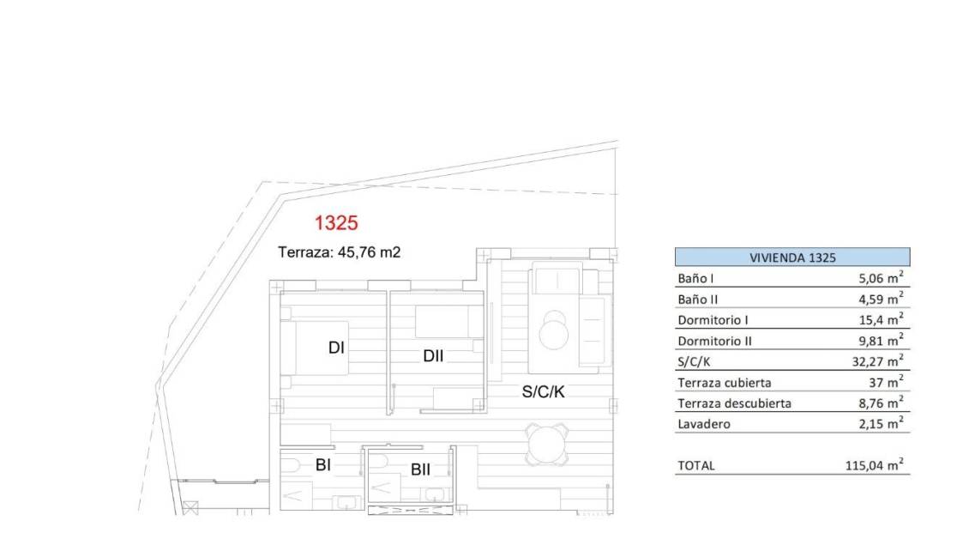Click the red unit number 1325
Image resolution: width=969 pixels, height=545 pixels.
(x=336, y=222)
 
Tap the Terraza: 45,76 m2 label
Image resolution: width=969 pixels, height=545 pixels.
(x=340, y=252)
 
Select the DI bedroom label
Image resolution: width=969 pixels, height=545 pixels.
(x=336, y=348)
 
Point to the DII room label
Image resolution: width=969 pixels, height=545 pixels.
(x=433, y=355)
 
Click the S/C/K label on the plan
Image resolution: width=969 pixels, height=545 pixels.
(x=543, y=391)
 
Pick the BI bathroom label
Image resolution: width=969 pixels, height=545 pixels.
(x=322, y=464)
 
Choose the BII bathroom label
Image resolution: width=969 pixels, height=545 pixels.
(x=420, y=469)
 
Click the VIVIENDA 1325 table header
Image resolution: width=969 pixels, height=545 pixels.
(x=792, y=257)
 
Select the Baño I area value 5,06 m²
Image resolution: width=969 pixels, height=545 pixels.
(x=881, y=278)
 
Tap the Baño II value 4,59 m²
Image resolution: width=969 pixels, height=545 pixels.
(x=881, y=298)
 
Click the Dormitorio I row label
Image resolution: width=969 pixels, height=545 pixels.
(x=713, y=320)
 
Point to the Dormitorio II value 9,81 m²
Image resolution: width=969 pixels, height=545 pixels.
(x=881, y=340)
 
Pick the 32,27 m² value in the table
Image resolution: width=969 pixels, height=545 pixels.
(x=877, y=360)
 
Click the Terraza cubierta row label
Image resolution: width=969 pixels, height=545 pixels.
(x=725, y=382)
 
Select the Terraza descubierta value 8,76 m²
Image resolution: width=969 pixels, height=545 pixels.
(x=881, y=403)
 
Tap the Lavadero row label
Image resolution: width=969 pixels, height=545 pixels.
(x=704, y=424)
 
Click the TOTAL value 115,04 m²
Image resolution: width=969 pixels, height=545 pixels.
(x=875, y=465)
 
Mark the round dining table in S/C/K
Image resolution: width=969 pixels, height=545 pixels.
(x=547, y=445)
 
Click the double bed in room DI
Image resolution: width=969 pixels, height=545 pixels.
(x=315, y=348)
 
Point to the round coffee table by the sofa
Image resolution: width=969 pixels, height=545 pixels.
(x=553, y=331)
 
